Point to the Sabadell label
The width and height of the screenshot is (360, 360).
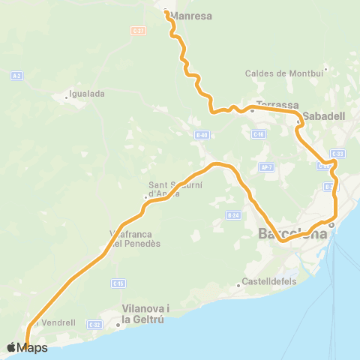tap(324, 117)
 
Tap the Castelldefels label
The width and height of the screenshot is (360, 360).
tap(268, 283)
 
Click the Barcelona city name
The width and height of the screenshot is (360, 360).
tap(292, 234)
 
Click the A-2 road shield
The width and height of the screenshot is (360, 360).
tap(16, 75)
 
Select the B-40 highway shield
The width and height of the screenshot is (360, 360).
tap(200, 135)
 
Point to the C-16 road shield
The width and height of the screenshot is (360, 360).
tap(259, 134)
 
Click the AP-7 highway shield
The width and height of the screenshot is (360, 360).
tap(265, 166)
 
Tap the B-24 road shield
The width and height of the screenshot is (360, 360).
tap(232, 215)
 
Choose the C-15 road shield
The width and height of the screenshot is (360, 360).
tap(118, 283)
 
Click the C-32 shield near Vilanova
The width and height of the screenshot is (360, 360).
tap(94, 324)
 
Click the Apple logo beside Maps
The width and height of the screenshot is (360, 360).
tap(12, 347)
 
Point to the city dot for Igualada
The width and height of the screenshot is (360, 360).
tap(67, 97)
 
